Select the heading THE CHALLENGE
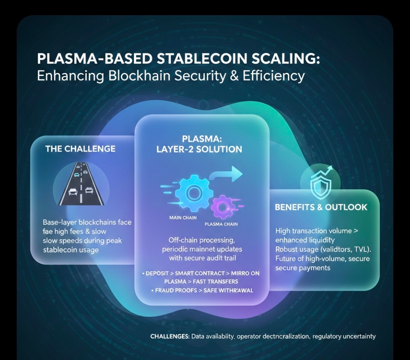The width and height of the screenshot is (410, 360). click(x=80, y=148)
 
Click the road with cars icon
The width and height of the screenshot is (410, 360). click(x=81, y=185)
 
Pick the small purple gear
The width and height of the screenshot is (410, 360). click(x=221, y=208)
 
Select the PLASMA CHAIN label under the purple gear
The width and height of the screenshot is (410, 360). click(x=221, y=224)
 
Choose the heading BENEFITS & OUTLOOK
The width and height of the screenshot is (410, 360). click(x=321, y=207)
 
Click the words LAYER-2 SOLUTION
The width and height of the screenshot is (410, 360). click(x=199, y=149)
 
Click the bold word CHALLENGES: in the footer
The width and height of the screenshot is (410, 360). click(x=170, y=336)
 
